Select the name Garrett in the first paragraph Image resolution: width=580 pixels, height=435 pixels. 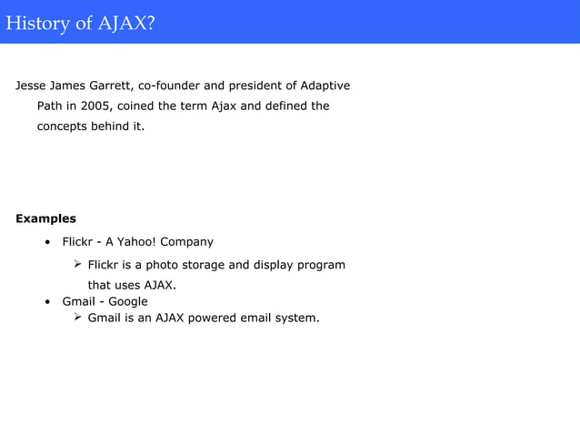[x=110, y=86]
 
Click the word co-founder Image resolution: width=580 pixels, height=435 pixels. [x=169, y=86]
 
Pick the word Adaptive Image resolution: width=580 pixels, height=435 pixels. [x=323, y=86]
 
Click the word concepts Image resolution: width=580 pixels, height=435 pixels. [x=65, y=126]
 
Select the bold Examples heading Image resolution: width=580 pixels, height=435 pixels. [x=45, y=218]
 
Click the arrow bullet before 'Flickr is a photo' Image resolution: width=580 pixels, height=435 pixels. [x=78, y=265]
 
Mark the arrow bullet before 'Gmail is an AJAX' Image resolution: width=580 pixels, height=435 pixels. [x=78, y=318]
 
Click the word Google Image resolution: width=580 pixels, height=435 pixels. [x=128, y=301]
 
